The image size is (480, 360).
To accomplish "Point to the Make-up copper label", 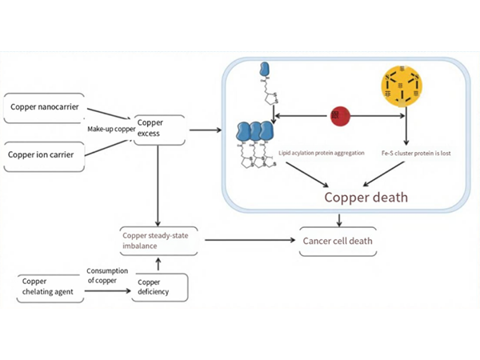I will [110, 128].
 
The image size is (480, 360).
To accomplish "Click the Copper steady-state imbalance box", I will [158, 241].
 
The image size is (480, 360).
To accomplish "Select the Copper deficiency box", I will [160, 287].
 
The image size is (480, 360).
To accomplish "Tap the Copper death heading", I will [366, 197].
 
